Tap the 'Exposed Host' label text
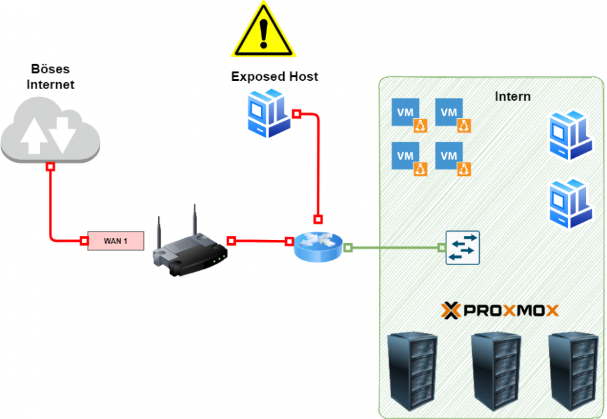[274, 77]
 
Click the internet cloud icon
[50, 132]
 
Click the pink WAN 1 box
[116, 241]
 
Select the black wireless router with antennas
[190, 246]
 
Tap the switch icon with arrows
[462, 248]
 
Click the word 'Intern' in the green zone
[513, 97]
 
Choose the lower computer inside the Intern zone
[569, 203]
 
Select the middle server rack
[495, 372]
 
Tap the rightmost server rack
[571, 372]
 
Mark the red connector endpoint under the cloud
[50, 167]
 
